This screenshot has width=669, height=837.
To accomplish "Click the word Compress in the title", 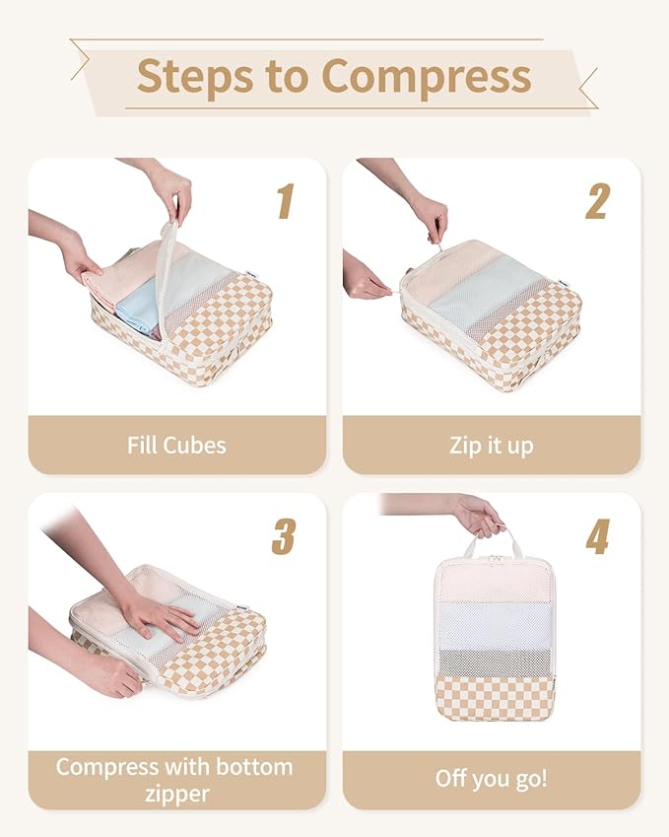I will tap(426, 76).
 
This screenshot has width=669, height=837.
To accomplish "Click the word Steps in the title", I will tap(191, 76).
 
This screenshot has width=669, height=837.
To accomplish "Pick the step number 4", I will tap(597, 535).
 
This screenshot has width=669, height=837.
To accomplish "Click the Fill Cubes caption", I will tap(176, 445).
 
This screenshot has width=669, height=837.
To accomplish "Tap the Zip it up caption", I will tap(491, 445).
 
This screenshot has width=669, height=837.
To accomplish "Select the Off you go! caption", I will tap(491, 778).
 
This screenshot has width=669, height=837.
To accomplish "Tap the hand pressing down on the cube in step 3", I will tap(158, 616).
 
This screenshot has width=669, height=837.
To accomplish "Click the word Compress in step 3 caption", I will tap(106, 766).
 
